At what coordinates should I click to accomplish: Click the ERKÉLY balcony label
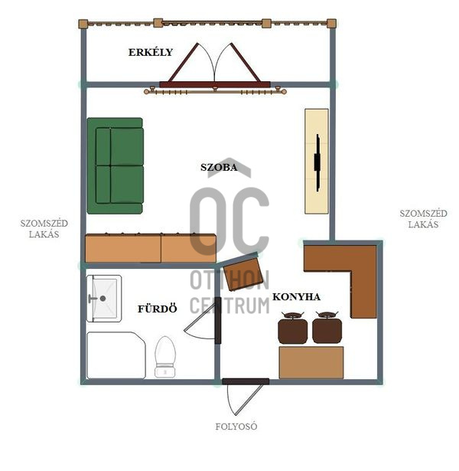pyautogui.click(x=151, y=52)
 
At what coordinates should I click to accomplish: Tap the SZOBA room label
pyautogui.click(x=219, y=167)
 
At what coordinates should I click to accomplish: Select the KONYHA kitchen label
pyautogui.click(x=296, y=297)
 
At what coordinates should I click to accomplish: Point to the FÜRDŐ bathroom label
pyautogui.click(x=157, y=309)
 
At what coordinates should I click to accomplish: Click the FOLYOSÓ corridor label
pyautogui.click(x=236, y=427)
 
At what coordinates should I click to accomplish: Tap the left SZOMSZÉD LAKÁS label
pyautogui.click(x=44, y=228)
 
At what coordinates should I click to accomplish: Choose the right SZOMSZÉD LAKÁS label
pyautogui.click(x=423, y=219)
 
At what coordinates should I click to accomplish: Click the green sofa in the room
pyautogui.click(x=116, y=166)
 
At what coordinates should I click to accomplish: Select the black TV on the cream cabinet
pyautogui.click(x=317, y=162)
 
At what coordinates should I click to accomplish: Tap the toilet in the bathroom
pyautogui.click(x=165, y=357)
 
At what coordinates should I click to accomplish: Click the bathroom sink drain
pyautogui.click(x=103, y=298)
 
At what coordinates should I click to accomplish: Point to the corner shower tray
pyautogui.click(x=116, y=355)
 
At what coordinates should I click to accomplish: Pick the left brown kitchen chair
pyautogui.click(x=292, y=328)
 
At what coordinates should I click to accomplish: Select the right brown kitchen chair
pyautogui.click(x=327, y=328)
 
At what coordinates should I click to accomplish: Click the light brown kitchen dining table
pyautogui.click(x=311, y=362)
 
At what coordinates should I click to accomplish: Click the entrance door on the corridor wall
pyautogui.click(x=246, y=382)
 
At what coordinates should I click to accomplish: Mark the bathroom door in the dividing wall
pyautogui.click(x=218, y=320)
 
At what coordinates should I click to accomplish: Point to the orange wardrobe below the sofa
pyautogui.click(x=151, y=248)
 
